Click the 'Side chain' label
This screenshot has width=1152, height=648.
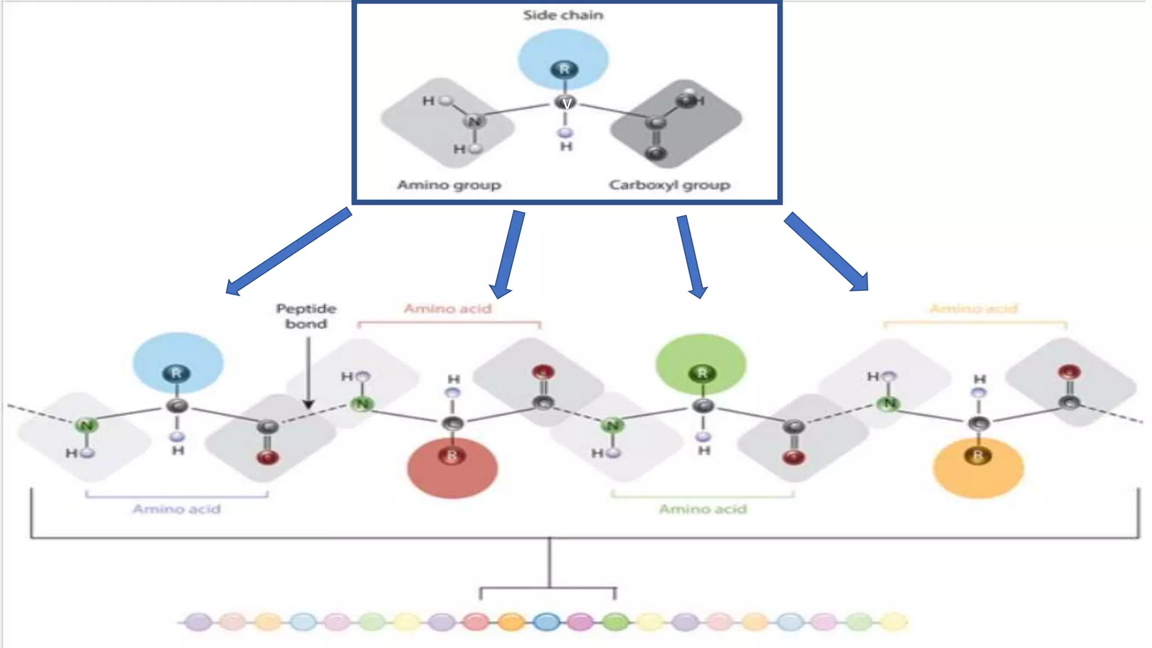pyautogui.click(x=563, y=15)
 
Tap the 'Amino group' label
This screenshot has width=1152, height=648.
pyautogui.click(x=449, y=185)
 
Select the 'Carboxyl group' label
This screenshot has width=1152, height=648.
pyautogui.click(x=669, y=185)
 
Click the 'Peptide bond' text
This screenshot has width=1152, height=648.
pyautogui.click(x=306, y=316)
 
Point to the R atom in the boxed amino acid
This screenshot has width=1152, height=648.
pyautogui.click(x=564, y=69)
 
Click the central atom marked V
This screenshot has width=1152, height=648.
pyautogui.click(x=566, y=103)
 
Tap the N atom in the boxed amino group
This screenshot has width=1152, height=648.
pyautogui.click(x=474, y=121)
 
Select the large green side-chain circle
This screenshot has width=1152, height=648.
pyautogui.click(x=701, y=364)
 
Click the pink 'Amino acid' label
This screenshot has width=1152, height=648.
pyautogui.click(x=448, y=309)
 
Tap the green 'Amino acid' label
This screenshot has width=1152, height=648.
pyautogui.click(x=703, y=509)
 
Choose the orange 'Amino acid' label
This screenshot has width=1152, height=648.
pyautogui.click(x=974, y=309)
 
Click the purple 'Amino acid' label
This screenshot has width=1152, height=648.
pyautogui.click(x=177, y=509)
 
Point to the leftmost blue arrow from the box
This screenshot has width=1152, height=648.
pyautogui.click(x=287, y=252)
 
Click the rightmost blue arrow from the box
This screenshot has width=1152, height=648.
pyautogui.click(x=827, y=251)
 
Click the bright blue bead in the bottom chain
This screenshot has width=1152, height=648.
pyautogui.click(x=546, y=622)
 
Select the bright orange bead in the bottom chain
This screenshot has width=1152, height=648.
pyautogui.click(x=511, y=622)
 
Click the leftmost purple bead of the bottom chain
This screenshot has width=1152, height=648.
pyautogui.click(x=198, y=622)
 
